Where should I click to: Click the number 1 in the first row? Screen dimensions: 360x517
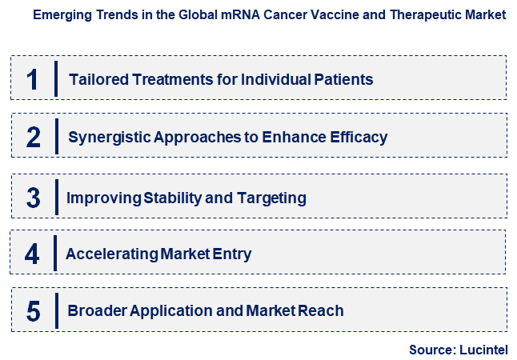[33, 79]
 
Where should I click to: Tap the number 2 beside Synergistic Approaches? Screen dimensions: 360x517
[33, 137]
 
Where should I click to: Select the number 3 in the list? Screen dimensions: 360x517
[33, 197]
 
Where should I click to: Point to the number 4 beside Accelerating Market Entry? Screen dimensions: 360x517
[32, 254]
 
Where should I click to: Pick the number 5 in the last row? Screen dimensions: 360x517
[33, 311]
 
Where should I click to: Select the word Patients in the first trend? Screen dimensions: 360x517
[345, 79]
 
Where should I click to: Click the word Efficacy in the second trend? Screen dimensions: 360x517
[359, 137]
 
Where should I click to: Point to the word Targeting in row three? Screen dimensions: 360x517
[273, 197]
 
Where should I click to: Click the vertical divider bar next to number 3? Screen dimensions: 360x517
[56, 197]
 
